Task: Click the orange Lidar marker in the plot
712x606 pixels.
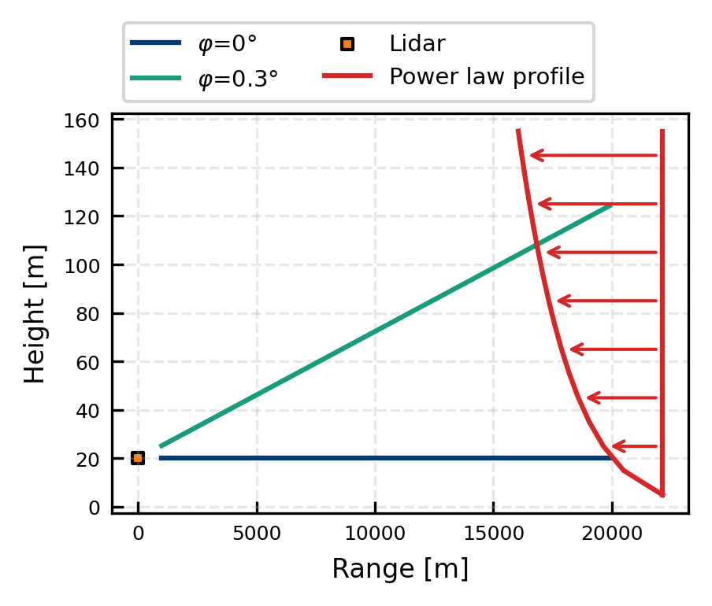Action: [138, 458]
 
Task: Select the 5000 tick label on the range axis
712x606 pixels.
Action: [257, 532]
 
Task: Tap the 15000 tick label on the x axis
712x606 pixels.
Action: [493, 532]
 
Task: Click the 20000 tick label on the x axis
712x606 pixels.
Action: [611, 532]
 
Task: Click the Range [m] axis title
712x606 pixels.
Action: [400, 568]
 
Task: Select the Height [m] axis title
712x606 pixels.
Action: [35, 313]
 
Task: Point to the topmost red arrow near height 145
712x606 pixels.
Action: [593, 156]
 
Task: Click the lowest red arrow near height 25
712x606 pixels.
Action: [634, 446]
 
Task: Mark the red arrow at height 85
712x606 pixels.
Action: [606, 301]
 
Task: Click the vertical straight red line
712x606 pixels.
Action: [662, 315]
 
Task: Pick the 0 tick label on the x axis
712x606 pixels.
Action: [139, 532]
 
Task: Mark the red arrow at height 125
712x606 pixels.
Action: [597, 205]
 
